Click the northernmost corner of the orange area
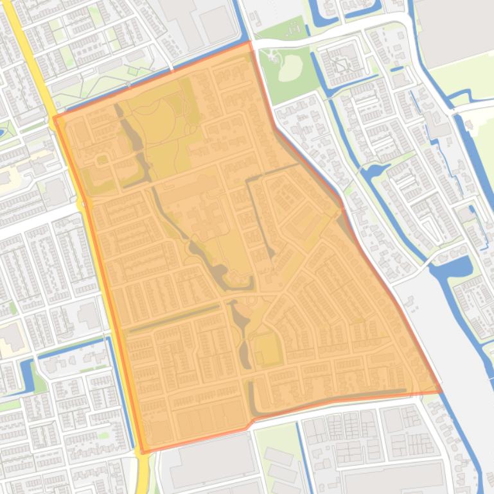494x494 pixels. click(249, 42)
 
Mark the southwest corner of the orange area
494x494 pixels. click(143, 452)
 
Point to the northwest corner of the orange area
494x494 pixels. click(55, 117)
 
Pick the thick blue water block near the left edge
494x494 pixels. click(26, 375)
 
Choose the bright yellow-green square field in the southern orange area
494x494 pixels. click(267, 350)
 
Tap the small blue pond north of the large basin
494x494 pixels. click(373, 172)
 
